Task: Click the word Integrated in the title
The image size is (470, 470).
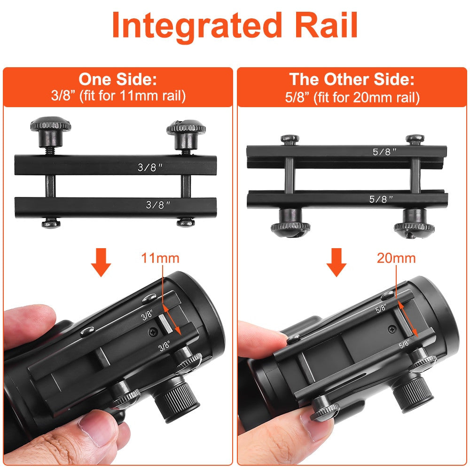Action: coord(197,27)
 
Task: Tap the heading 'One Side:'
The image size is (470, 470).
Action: coord(118,79)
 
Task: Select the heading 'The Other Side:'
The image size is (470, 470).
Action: coord(352,79)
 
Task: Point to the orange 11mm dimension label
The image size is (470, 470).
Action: coord(160,258)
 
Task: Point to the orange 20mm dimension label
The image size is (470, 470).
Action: coord(396,258)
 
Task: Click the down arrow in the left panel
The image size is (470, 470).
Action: coord(101,262)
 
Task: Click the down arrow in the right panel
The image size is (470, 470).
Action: coord(337,262)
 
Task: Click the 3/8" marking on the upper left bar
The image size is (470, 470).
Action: coord(150,167)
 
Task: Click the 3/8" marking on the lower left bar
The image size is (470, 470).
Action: coord(158,205)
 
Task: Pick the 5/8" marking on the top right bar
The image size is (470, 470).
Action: coord(384,152)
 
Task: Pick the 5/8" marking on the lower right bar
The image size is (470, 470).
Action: coord(381,199)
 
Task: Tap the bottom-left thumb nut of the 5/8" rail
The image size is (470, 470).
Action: coord(290,223)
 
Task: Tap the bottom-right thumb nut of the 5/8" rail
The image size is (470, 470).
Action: coord(414,224)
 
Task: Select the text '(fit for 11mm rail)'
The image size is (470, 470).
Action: coord(132,96)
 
